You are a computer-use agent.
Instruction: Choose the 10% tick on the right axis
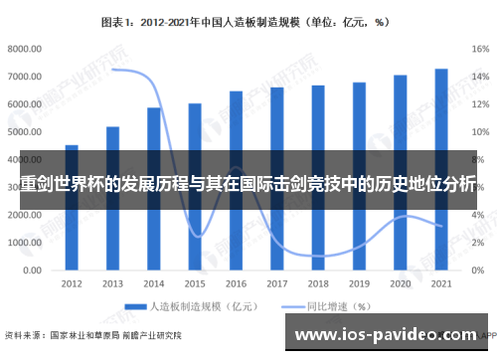pyautogui.click(x=480, y=131)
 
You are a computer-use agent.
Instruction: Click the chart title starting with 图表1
pyautogui.click(x=248, y=19)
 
